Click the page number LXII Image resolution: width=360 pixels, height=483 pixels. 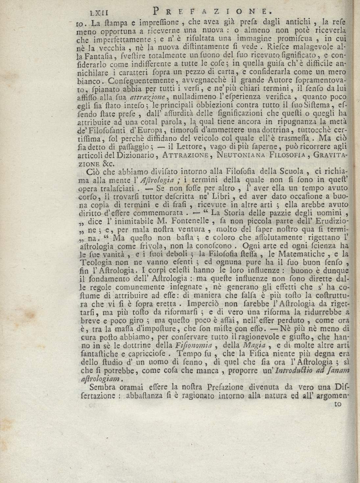click(x=100, y=13)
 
